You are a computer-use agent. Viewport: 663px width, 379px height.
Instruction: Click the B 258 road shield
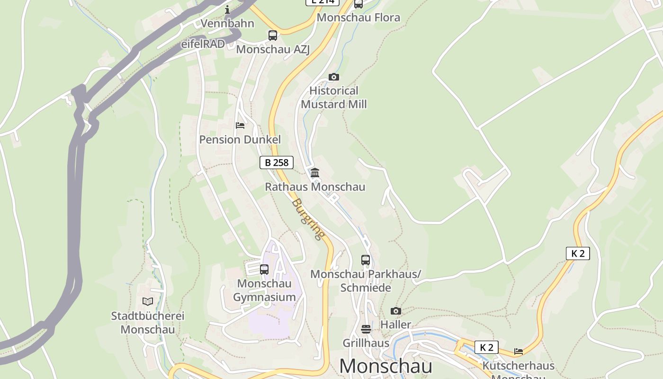point(277,162)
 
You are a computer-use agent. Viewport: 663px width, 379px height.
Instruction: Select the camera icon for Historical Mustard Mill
point(333,77)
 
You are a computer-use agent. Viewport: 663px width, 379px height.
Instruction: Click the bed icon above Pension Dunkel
point(240,126)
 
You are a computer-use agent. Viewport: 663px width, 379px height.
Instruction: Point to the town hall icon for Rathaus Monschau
point(315,172)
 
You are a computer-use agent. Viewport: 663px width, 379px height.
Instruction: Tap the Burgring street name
point(308,219)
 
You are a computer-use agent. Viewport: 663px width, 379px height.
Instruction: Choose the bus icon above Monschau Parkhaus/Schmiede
point(365,260)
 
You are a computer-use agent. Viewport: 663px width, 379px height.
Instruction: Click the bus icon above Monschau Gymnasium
point(264,269)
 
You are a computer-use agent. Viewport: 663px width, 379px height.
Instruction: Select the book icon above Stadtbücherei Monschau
point(148,301)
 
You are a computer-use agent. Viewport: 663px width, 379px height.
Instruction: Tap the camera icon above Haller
point(395,311)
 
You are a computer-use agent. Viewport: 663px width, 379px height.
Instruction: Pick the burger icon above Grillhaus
point(366,329)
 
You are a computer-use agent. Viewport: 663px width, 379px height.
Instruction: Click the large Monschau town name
point(385,366)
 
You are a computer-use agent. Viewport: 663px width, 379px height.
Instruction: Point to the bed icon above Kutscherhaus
point(519,352)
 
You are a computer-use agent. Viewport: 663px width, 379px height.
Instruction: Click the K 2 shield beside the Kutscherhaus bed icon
point(487,347)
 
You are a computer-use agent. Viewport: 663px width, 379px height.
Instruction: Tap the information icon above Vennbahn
point(227,9)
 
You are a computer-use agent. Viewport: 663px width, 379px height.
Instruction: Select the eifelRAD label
point(203,44)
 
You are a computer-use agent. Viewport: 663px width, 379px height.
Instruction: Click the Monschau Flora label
point(358,18)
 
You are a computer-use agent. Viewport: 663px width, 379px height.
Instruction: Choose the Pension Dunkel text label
point(240,139)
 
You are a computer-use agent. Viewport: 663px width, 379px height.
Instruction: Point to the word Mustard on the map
point(321,104)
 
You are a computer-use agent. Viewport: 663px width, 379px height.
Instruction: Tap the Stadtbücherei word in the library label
point(148,316)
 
